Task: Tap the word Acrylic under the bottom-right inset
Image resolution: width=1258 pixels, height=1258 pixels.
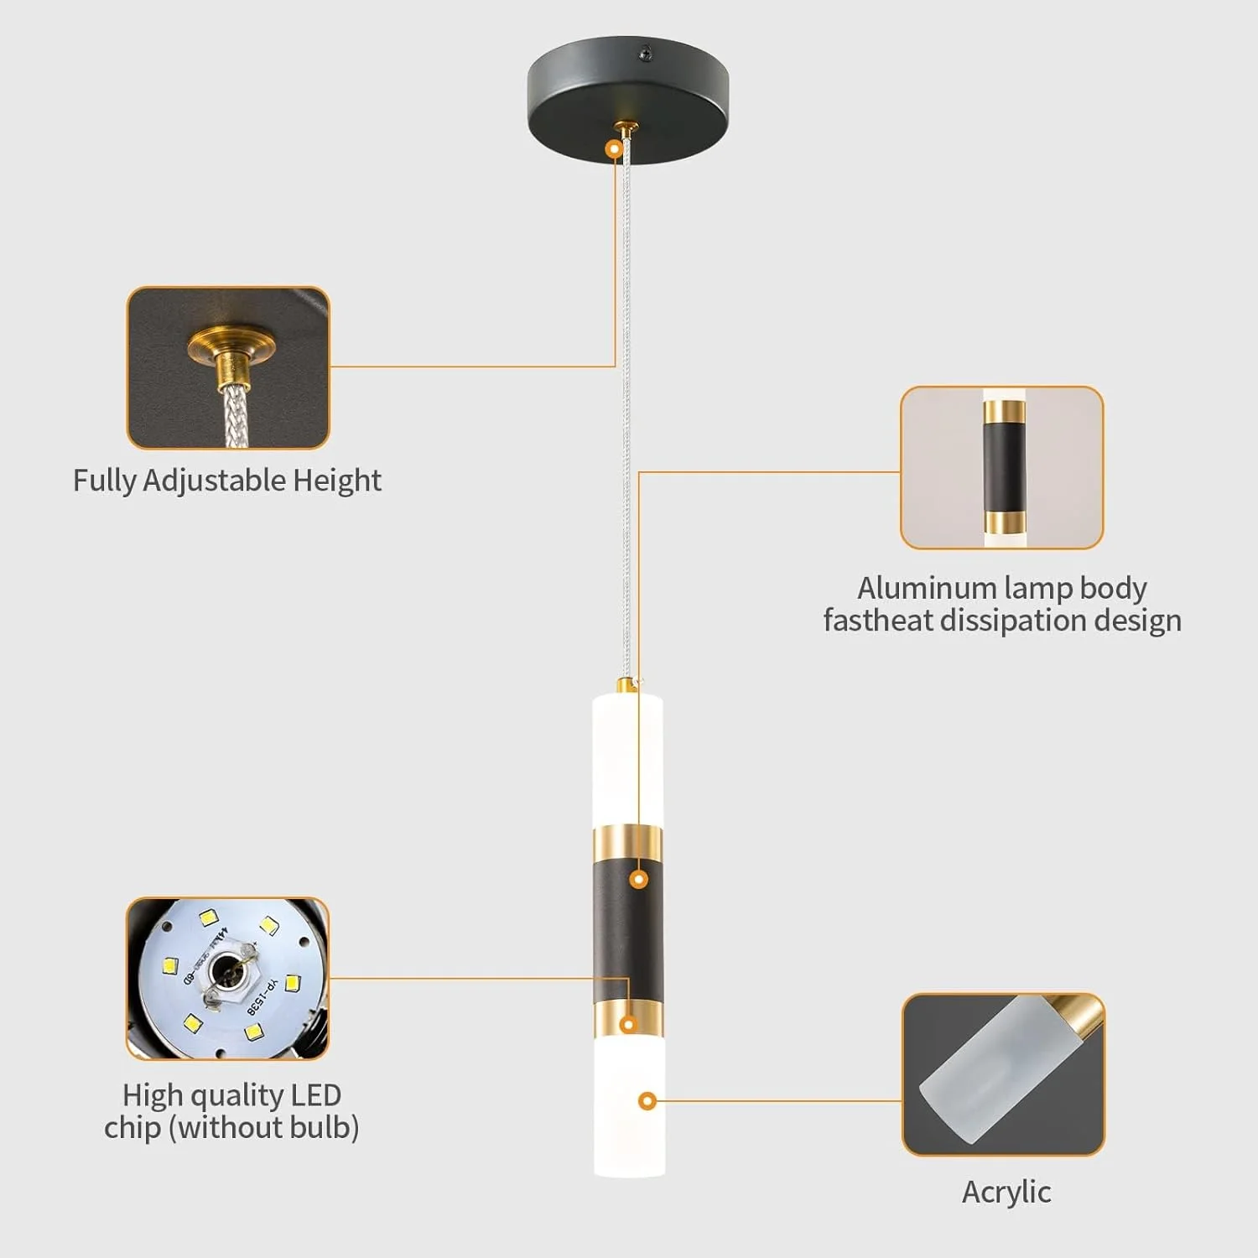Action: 1006,1192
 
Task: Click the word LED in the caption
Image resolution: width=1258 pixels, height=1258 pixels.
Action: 316,1095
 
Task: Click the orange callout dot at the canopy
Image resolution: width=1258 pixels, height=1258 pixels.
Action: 615,149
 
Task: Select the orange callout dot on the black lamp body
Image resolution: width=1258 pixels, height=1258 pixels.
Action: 639,879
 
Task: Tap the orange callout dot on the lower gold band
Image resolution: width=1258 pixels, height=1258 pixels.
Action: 627,1024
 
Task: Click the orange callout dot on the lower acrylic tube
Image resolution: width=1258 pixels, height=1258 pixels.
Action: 647,1101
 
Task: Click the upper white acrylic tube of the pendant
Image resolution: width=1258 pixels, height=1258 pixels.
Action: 627,755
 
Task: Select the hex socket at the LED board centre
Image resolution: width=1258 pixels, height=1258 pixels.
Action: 225,972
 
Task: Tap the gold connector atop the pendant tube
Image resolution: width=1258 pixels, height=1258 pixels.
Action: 625,685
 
